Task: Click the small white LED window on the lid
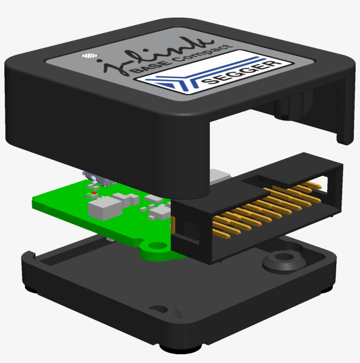pyautogui.click(x=90, y=56)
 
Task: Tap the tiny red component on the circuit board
pyautogui.click(x=93, y=193)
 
